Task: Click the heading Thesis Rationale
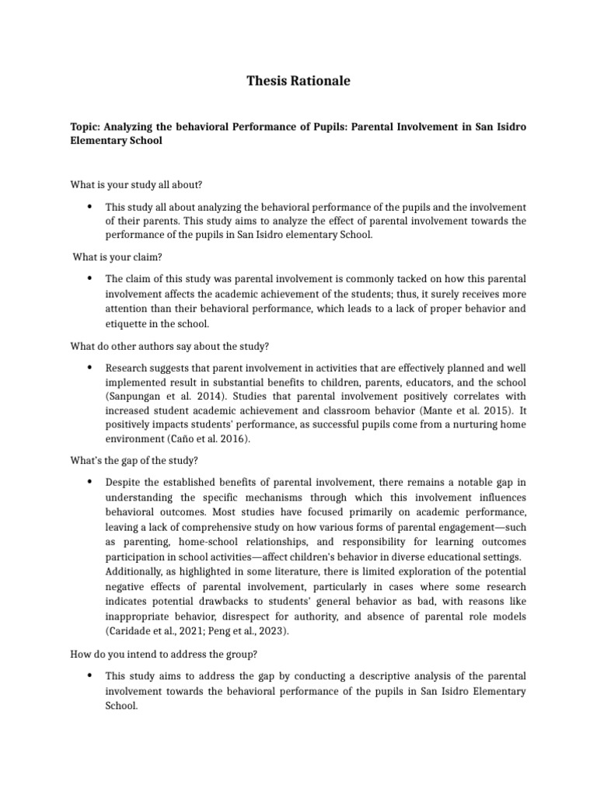(x=298, y=81)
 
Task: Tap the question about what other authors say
(x=169, y=346)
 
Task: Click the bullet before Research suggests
(x=90, y=367)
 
